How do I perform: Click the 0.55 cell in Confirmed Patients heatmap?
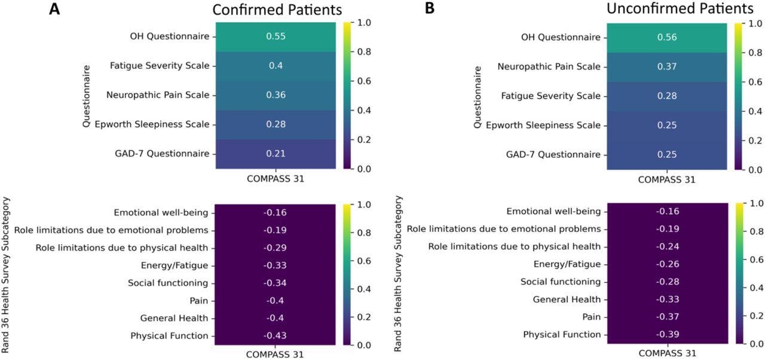click(x=276, y=36)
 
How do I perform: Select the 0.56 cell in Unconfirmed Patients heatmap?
click(x=667, y=37)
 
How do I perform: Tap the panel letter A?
click(x=54, y=10)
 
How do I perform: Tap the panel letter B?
click(x=430, y=10)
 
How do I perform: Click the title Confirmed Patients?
click(x=277, y=10)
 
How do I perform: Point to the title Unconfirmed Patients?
click(x=680, y=9)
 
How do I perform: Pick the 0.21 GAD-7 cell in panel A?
click(x=276, y=154)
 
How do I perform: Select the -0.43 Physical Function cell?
click(x=276, y=336)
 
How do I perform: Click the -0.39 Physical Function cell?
click(x=667, y=334)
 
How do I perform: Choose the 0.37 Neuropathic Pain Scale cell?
click(x=667, y=66)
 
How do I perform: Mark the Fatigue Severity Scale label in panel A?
click(x=160, y=66)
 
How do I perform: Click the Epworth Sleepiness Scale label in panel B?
click(x=543, y=125)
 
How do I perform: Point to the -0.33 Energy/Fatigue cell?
click(x=276, y=266)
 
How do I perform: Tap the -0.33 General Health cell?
click(x=667, y=299)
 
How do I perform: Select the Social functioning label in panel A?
click(x=167, y=283)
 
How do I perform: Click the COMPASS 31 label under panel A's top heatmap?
click(x=275, y=178)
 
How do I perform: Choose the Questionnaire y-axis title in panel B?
click(x=478, y=97)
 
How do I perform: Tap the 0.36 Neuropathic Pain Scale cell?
click(x=276, y=95)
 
